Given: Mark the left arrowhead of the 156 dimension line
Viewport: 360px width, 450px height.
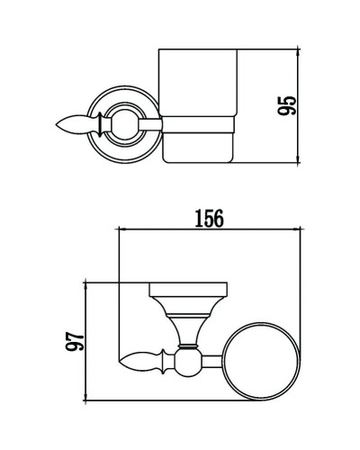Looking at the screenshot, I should pyautogui.click(x=121, y=231).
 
